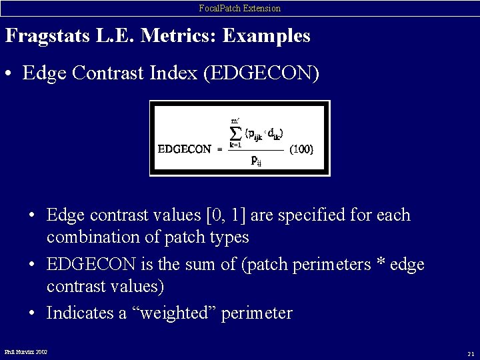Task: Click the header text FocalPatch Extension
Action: click(240, 8)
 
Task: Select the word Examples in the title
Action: click(266, 36)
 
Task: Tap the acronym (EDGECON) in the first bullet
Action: click(265, 73)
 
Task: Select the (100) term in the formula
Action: click(301, 149)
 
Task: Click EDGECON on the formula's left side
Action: click(184, 149)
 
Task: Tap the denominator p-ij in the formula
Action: click(255, 160)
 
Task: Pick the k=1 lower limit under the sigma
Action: click(235, 144)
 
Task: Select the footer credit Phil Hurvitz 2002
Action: click(26, 351)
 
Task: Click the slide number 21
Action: click(471, 353)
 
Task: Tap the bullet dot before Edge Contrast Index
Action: click(11, 74)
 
